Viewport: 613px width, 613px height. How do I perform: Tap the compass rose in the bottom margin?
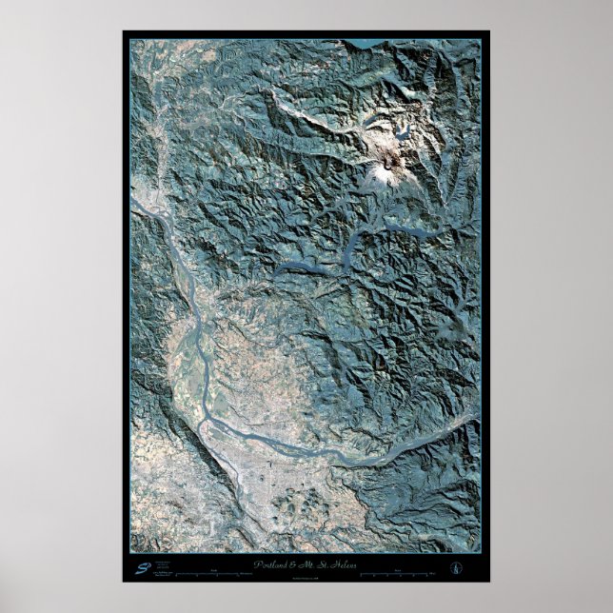pyautogui.click(x=454, y=568)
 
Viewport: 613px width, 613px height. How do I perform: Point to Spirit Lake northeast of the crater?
pyautogui.click(x=405, y=134)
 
